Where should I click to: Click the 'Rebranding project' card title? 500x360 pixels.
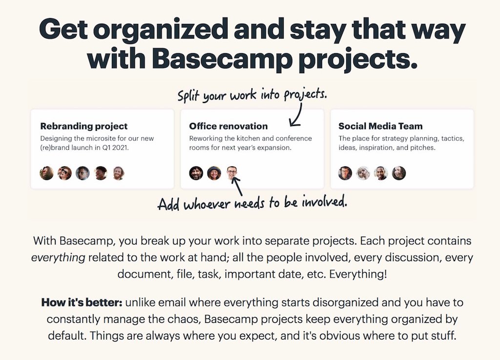pyautogui.click(x=84, y=126)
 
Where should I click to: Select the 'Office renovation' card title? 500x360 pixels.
pyautogui.click(x=229, y=126)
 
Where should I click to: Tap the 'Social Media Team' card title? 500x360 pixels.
pyautogui.click(x=380, y=126)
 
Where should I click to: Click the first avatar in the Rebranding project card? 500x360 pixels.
pyautogui.click(x=46, y=173)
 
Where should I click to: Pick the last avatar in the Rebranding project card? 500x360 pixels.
pyautogui.click(x=118, y=173)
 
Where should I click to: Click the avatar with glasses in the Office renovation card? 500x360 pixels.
pyautogui.click(x=232, y=173)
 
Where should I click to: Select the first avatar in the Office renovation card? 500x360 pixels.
pyautogui.click(x=196, y=173)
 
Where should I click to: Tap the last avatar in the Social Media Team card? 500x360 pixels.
pyautogui.click(x=399, y=173)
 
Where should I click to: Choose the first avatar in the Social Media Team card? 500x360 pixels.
pyautogui.click(x=345, y=173)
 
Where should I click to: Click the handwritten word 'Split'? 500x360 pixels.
pyautogui.click(x=188, y=96)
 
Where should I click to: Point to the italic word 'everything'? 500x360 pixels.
pyautogui.click(x=58, y=258)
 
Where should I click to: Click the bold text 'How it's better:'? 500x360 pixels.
pyautogui.click(x=82, y=302)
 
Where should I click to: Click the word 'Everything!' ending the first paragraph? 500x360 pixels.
pyautogui.click(x=358, y=274)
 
